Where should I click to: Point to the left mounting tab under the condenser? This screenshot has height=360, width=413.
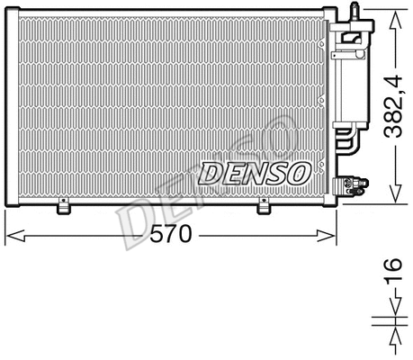tap(65, 208)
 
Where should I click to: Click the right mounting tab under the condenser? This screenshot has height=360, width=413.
tap(264, 208)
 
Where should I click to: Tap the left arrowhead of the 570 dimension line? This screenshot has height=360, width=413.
tap(11, 237)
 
